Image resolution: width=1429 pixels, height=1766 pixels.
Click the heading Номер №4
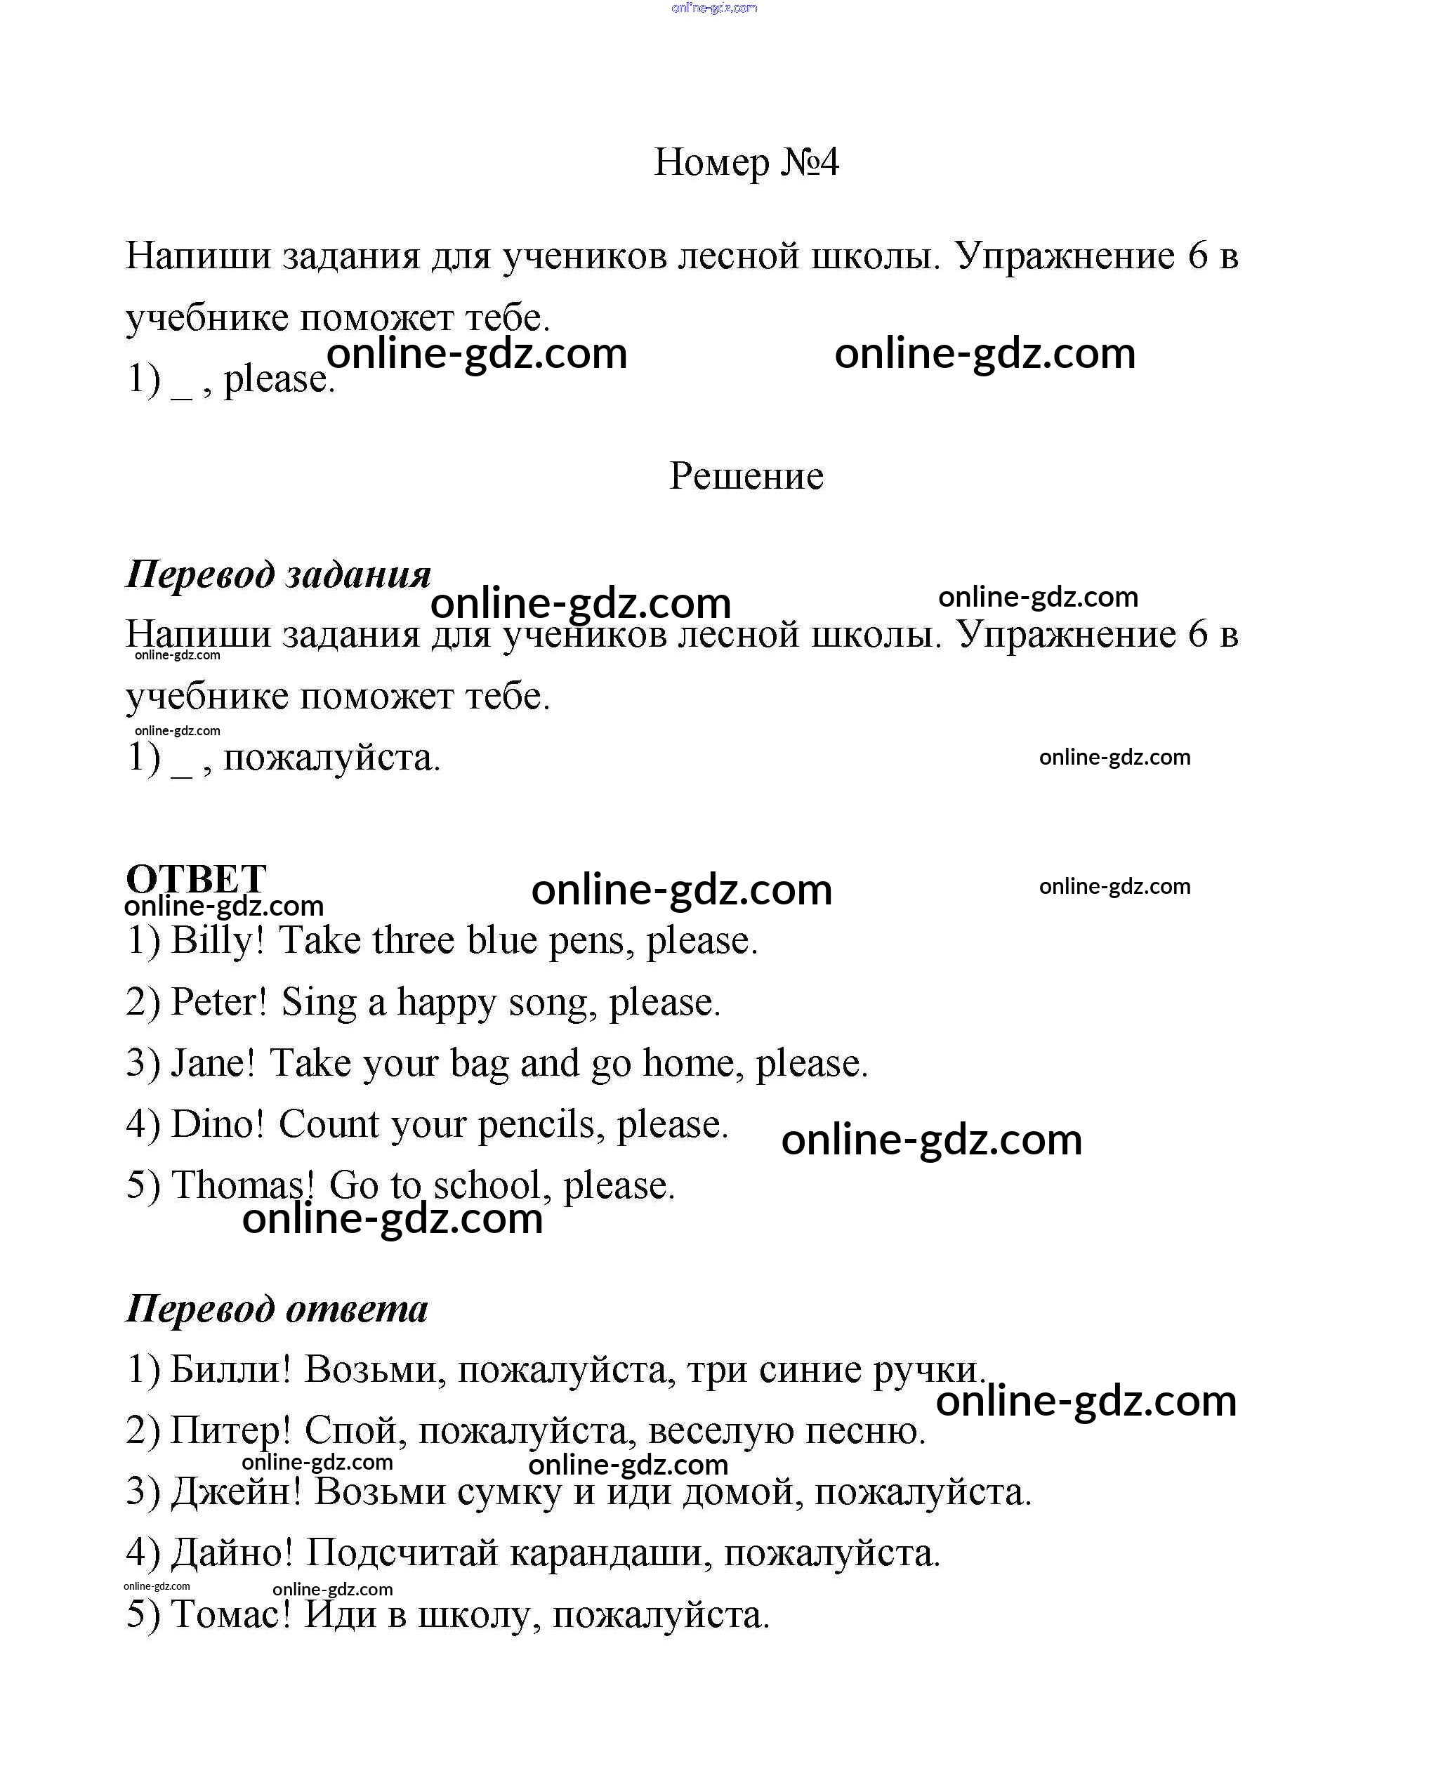(x=746, y=162)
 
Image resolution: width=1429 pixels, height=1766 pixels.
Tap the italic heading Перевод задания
(x=278, y=574)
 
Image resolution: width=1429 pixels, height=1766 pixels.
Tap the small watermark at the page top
(x=713, y=8)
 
